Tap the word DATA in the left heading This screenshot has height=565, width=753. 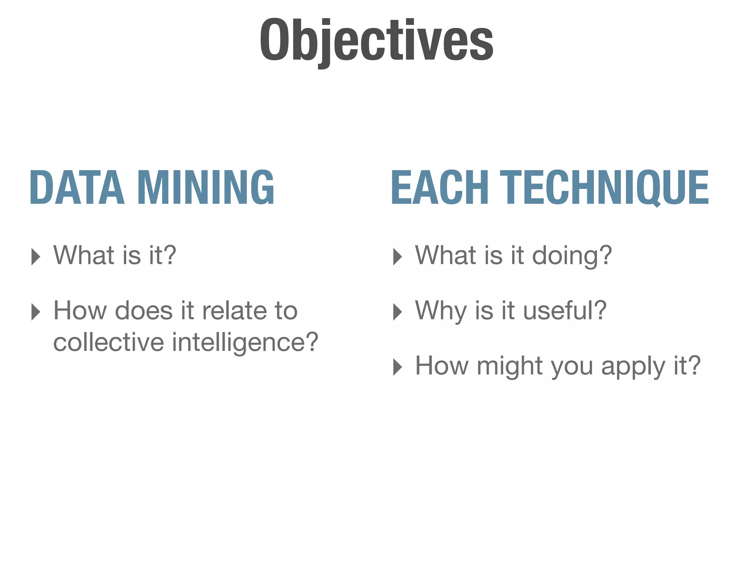77,187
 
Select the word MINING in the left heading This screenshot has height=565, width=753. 206,187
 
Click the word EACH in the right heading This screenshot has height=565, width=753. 440,187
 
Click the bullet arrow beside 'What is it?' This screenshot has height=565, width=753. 36,256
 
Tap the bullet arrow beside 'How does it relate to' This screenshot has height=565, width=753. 36,312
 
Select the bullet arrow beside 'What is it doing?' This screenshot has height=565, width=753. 397,256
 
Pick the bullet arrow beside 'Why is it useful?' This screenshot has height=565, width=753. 397,312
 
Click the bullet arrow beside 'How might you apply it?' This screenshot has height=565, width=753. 397,367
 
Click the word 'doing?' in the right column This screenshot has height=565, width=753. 572,256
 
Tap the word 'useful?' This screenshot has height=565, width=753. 564,310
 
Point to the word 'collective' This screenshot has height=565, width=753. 108,342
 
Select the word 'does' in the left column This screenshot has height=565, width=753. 143,310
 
